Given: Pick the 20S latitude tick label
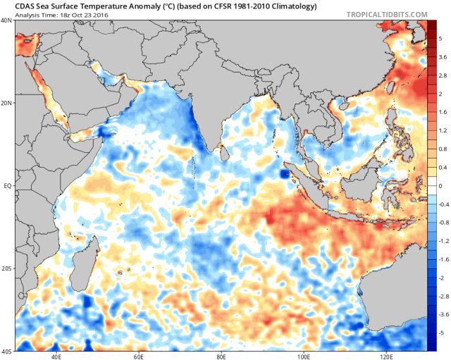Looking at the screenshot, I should [6, 269].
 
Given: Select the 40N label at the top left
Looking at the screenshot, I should [6, 21].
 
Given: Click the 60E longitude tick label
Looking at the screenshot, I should [140, 356].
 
